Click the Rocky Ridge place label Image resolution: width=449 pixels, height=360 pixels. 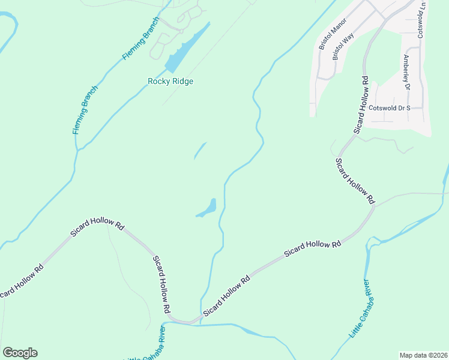click(170, 82)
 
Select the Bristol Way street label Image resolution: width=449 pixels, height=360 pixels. click(344, 46)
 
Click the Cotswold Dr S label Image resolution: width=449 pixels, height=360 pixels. click(389, 108)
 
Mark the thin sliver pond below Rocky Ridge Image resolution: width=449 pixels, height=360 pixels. click(200, 151)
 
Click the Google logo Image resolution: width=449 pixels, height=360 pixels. click(20, 353)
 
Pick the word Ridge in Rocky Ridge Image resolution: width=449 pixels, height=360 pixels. click(182, 82)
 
